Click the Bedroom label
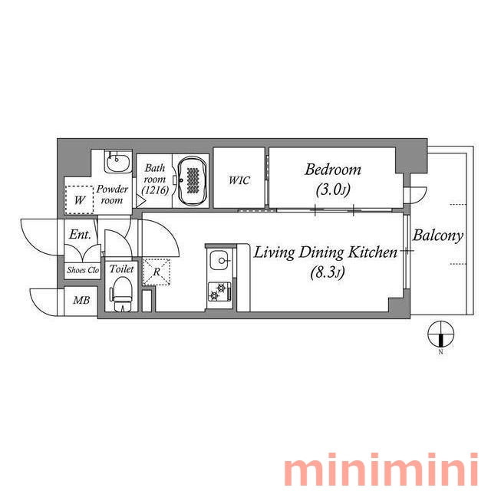[333, 170]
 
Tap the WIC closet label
[239, 180]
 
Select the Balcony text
[437, 236]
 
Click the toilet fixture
[122, 295]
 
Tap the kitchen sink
[220, 261]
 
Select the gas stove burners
[220, 292]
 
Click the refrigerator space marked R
[157, 272]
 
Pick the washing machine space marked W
[79, 199]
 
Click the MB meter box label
[81, 300]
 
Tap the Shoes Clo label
[83, 270]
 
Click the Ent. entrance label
[80, 234]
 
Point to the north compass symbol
[440, 334]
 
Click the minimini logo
[381, 469]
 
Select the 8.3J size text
[328, 272]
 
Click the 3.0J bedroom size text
[333, 189]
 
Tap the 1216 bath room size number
[155, 190]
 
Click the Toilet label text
[121, 269]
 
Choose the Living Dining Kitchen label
[325, 252]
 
